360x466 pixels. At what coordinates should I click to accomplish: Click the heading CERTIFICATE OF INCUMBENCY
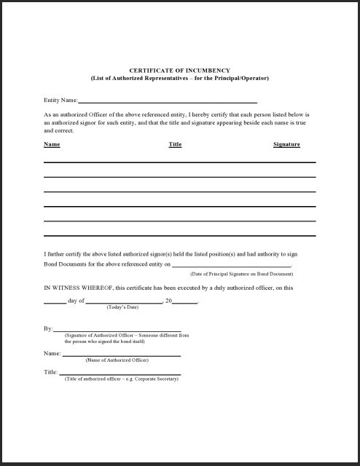coord(179,70)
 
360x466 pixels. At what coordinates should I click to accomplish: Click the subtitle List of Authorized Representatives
coord(179,78)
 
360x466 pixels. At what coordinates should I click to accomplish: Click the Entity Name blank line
coord(167,101)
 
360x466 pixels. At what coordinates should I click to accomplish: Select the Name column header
coord(52,144)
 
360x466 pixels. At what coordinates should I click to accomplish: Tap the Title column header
coord(175,144)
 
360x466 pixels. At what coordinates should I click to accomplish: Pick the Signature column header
coord(286,144)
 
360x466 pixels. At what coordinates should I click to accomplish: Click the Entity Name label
coord(60,100)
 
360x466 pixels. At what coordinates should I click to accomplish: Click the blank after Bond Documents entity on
coord(231,266)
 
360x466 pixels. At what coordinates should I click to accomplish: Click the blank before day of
coord(55,301)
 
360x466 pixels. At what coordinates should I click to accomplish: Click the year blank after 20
coord(185,301)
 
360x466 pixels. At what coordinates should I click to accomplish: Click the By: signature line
coord(117,330)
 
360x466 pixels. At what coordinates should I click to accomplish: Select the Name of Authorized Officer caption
coord(117,360)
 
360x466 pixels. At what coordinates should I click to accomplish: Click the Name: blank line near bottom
coord(121,355)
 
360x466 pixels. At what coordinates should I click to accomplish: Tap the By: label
coord(48,329)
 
